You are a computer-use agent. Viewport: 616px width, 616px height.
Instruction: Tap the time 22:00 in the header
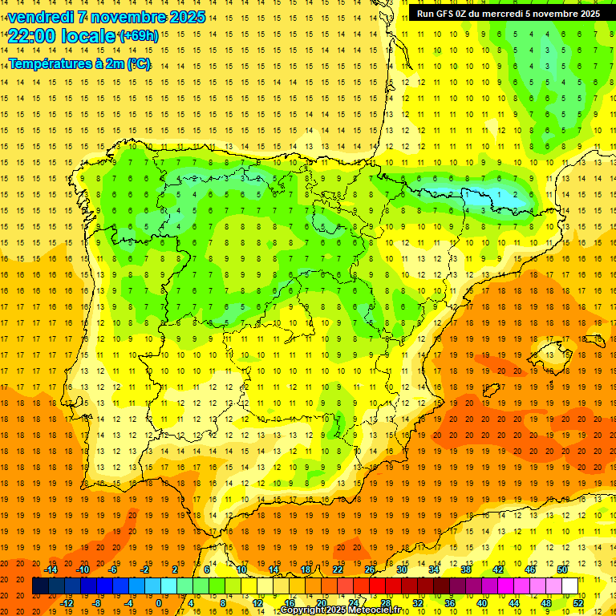coord(33,35)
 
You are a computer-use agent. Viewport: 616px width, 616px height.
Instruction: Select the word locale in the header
coord(90,35)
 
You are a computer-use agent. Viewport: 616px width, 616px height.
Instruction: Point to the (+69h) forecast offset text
coord(138,35)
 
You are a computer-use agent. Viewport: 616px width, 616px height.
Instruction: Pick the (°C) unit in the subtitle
coord(138,64)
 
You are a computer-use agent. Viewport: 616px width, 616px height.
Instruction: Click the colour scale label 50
coord(561,569)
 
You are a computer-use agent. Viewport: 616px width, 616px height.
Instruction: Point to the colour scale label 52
coord(577,603)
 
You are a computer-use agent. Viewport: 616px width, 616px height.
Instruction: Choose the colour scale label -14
coord(51,569)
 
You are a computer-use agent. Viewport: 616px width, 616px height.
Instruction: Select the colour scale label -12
coord(67,603)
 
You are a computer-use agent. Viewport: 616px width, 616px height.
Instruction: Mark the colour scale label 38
coord(465,569)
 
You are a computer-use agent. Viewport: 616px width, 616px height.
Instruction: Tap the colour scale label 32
coord(417,603)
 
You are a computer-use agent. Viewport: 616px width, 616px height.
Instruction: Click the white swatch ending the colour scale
coord(569,586)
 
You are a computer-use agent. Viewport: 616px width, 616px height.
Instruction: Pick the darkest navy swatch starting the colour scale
coord(40,586)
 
